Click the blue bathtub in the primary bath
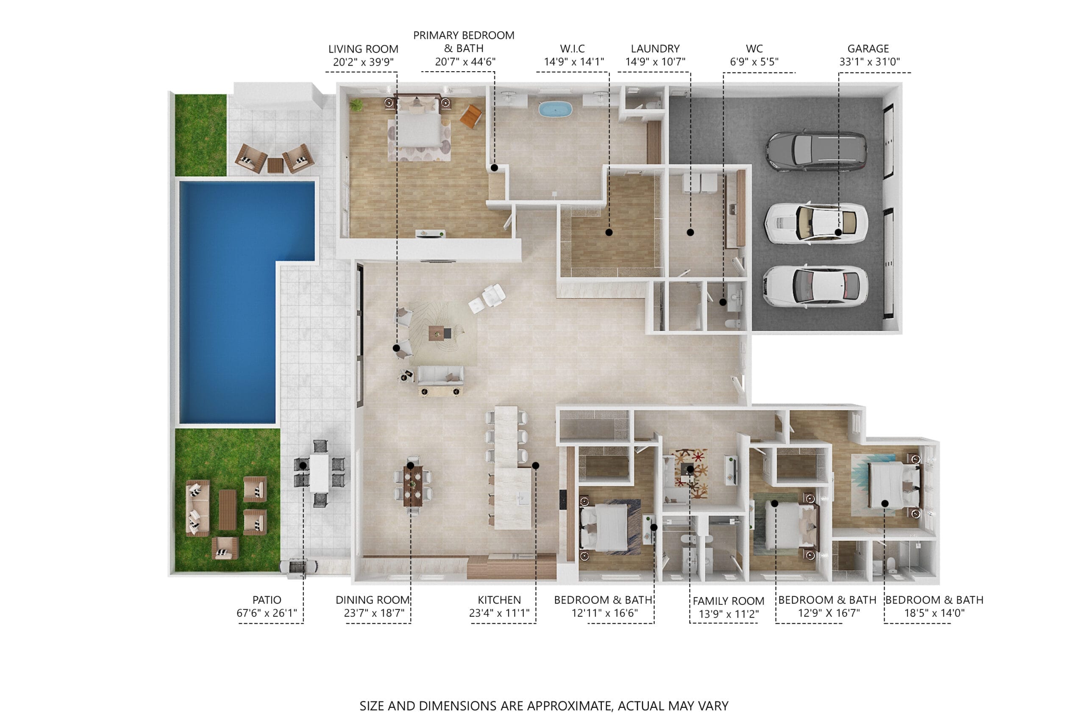pos(555,109)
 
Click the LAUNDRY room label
pos(655,48)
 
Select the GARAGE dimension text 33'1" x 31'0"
pos(869,62)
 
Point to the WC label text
pos(754,48)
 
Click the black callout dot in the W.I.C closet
pos(609,233)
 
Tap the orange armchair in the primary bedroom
pos(471,116)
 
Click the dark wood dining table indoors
pos(413,485)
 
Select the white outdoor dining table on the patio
pos(319,473)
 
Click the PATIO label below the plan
pos(267,600)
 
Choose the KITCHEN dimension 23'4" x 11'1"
pos(499,613)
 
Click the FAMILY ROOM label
pos(729,601)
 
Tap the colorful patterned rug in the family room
pos(690,474)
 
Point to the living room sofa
pos(440,375)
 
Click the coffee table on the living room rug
pos(440,332)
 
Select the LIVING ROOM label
pos(363,49)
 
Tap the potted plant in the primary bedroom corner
pos(356,105)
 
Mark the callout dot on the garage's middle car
pos(838,233)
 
